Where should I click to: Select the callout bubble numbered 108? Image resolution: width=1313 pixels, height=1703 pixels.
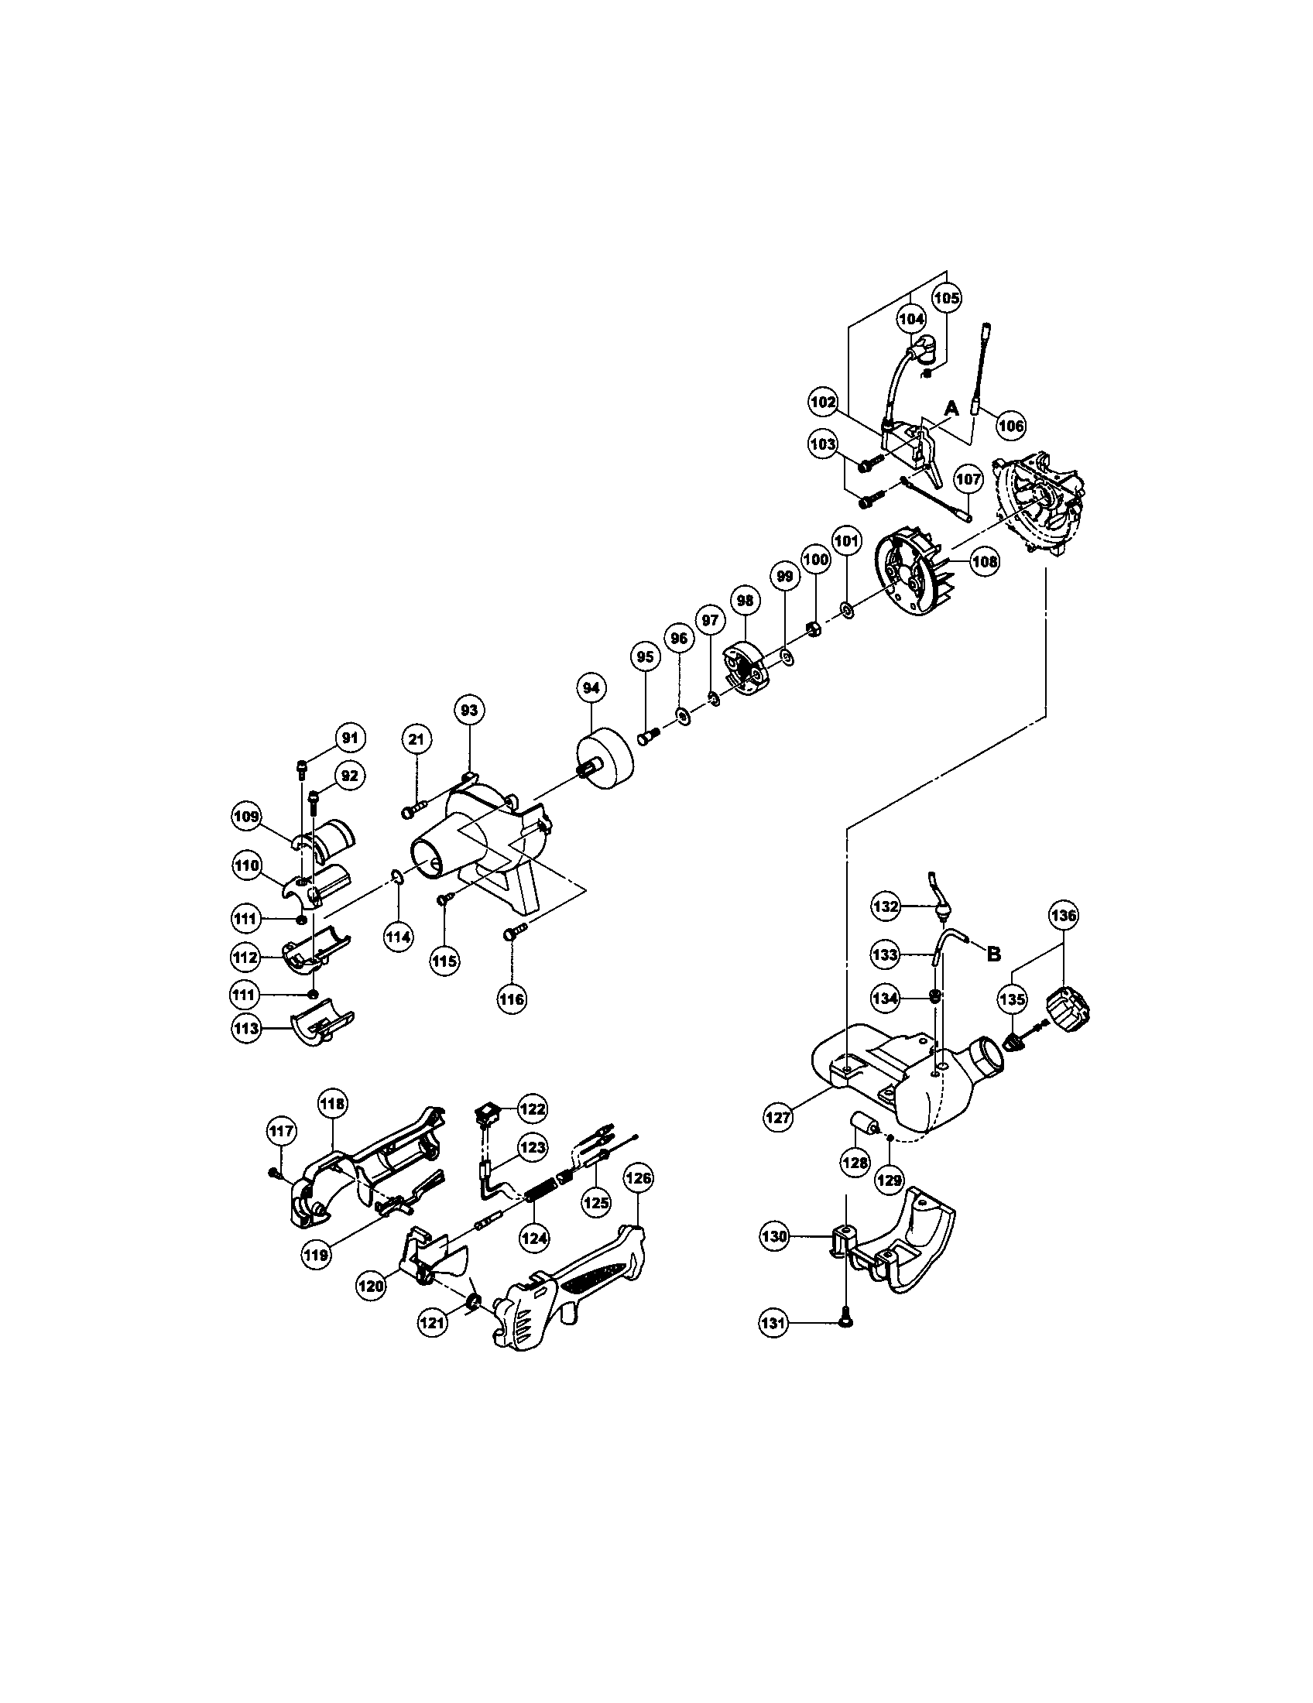pos(985,562)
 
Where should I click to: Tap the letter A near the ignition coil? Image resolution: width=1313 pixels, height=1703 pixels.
pos(951,408)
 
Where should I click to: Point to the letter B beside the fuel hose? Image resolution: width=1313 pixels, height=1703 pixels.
pos(993,955)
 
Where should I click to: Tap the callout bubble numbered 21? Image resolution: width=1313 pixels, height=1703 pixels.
pos(417,738)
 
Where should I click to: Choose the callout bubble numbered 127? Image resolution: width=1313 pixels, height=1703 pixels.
pos(778,1116)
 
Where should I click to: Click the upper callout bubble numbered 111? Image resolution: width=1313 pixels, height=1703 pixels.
pos(245,920)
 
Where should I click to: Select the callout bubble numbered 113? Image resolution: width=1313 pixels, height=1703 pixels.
pos(246,1029)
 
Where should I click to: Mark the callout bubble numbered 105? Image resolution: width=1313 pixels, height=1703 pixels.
pos(948,297)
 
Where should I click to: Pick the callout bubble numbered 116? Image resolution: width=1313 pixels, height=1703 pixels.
pos(513,999)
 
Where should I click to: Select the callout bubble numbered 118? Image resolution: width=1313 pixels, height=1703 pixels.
pos(333,1104)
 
